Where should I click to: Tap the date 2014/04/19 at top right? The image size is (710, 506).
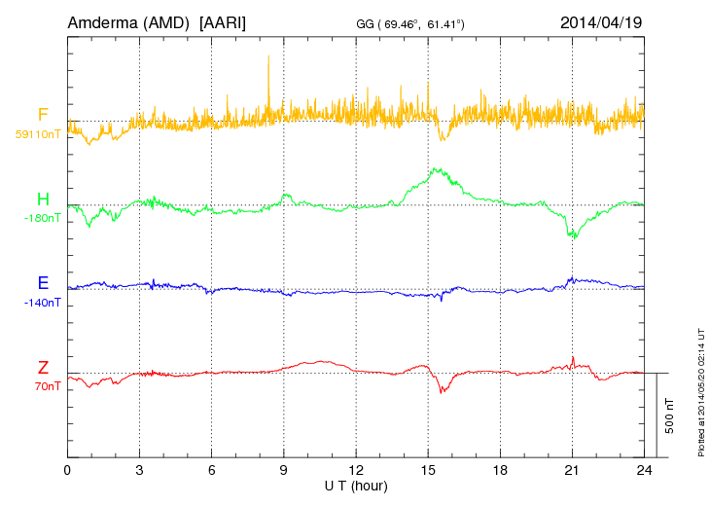602,21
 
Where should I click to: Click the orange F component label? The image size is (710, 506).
43,116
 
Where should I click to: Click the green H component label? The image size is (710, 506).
43,200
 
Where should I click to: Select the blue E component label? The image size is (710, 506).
43,284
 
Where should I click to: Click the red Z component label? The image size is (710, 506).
43,368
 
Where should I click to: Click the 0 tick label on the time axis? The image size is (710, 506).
67,469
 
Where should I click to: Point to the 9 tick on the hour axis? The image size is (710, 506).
284,469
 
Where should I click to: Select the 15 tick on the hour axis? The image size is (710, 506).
428,469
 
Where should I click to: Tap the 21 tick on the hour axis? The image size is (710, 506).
572,469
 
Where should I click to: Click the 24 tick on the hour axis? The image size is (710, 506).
644,469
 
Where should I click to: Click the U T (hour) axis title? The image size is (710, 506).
356,485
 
